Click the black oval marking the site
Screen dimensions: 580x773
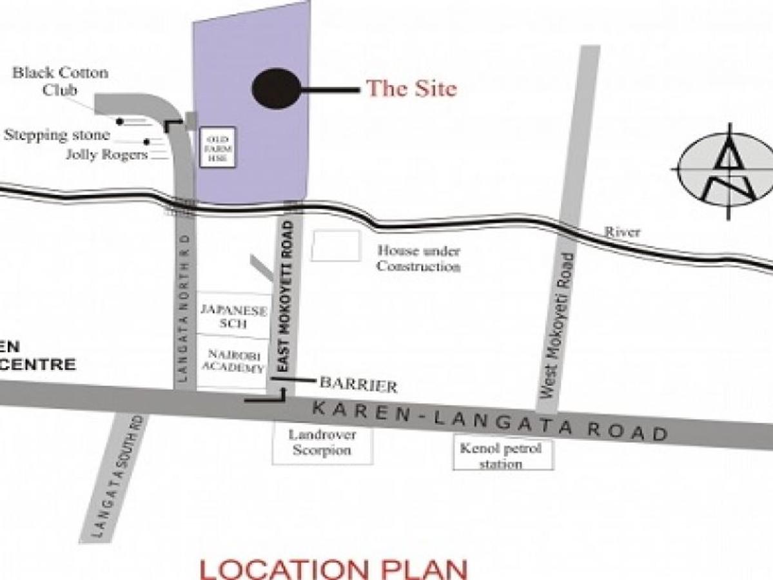pos(276,89)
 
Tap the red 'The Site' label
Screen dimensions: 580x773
pos(411,88)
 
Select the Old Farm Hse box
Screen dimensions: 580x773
pos(217,147)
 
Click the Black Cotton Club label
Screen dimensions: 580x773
pos(60,81)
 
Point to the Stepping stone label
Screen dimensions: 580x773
pos(57,135)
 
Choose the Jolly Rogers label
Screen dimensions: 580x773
pos(107,155)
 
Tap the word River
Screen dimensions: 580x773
pos(621,232)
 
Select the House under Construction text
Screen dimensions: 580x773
pos(418,258)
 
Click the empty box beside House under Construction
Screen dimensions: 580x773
pos(335,246)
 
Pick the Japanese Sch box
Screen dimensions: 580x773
pos(233,316)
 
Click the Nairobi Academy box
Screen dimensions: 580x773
pos(233,361)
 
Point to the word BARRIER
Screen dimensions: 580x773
pos(358,385)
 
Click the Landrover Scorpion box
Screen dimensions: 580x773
pos(322,442)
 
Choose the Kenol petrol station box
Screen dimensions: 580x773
pos(502,455)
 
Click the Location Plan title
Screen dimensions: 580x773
pos(334,569)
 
